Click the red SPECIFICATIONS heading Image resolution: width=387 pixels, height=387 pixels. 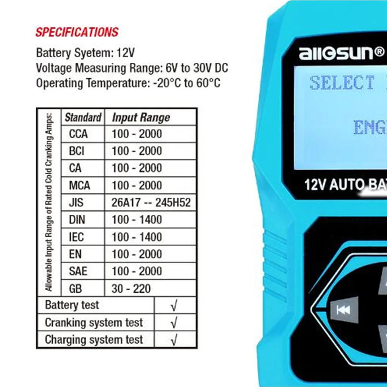coord(77,32)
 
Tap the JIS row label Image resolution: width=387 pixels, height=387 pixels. coord(76,202)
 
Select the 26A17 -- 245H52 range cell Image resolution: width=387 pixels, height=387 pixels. coord(151,202)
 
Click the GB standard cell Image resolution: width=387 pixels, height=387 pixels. coord(75,288)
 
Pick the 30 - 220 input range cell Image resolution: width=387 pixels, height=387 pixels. coord(131,288)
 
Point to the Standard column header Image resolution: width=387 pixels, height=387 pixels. coord(83,117)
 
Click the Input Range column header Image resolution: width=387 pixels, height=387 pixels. coord(141,118)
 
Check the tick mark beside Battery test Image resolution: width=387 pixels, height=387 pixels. coord(174,306)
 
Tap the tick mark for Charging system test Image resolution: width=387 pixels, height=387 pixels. coord(174,340)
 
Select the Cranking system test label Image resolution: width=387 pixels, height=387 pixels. coord(94,323)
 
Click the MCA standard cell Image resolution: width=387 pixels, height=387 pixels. coord(79,185)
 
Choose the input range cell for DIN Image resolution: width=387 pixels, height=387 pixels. coord(137,220)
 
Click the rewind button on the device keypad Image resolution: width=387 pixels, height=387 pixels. coord(343,310)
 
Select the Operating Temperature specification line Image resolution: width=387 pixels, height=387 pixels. coord(128,83)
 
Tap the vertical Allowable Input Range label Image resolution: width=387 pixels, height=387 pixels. coord(49,202)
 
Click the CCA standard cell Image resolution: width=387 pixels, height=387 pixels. coord(79,134)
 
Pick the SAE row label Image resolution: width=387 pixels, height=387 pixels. coord(78,271)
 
